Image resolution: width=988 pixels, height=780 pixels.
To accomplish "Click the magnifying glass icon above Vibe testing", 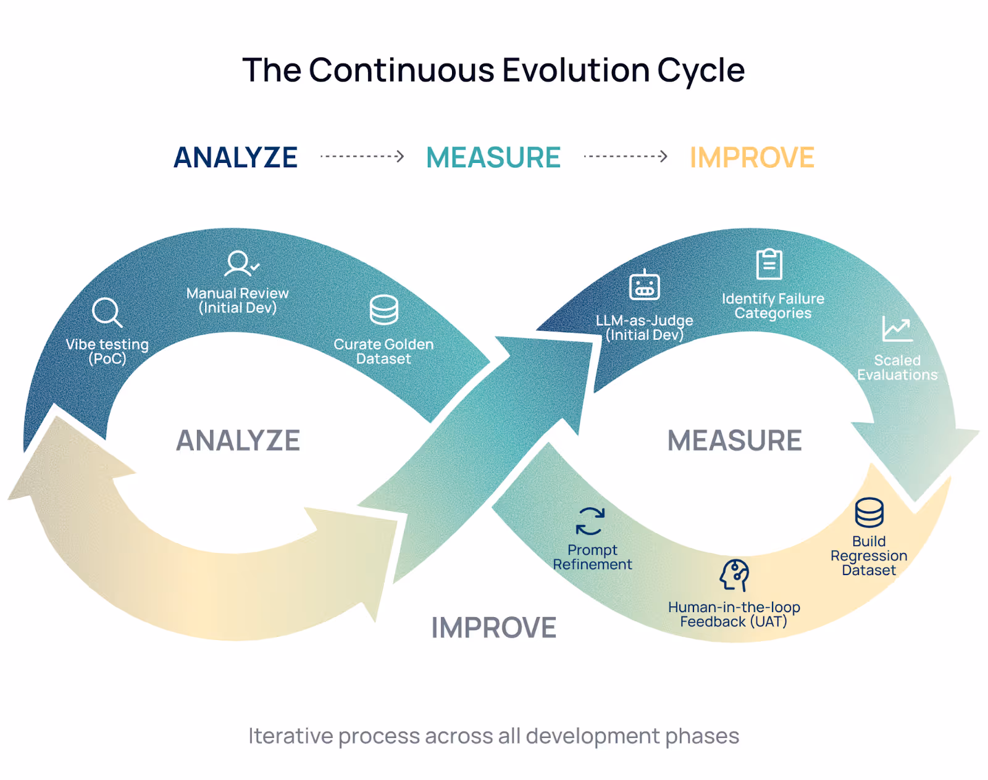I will coord(107,312).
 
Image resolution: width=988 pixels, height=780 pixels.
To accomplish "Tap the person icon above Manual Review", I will coord(240,263).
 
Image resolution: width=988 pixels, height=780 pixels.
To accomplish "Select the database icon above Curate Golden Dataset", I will coord(383,310).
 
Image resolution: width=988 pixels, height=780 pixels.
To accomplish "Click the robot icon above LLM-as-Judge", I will coord(644,285).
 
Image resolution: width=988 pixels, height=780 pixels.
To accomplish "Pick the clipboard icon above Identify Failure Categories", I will coord(769,265).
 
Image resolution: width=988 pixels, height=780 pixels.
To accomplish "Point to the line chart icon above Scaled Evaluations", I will coord(897,328).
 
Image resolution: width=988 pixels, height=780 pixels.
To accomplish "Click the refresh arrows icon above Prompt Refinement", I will coord(590,521).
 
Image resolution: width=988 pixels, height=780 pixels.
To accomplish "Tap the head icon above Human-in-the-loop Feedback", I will coord(734,575).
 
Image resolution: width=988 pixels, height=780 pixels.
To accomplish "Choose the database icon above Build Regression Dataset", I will coord(869,513).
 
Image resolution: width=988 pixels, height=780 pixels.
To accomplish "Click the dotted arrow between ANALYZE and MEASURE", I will coord(362,157).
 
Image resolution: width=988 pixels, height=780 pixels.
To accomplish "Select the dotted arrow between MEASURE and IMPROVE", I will coord(626,157).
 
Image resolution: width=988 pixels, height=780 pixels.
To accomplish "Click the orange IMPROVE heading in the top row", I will coord(751,158).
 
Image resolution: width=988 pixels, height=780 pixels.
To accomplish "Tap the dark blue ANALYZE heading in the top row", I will coord(236,158).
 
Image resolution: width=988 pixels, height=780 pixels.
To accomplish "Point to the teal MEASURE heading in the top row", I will coord(493,158).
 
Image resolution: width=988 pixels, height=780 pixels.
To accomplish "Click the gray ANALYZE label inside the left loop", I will coord(238,441).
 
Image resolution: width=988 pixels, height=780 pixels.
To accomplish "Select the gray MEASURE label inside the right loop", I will coord(734,441).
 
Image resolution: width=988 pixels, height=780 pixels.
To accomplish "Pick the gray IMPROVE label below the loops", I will coord(493,628).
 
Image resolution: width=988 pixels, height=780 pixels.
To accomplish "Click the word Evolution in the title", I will coord(576,70).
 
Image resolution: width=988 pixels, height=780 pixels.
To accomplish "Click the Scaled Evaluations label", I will coord(897,368).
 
